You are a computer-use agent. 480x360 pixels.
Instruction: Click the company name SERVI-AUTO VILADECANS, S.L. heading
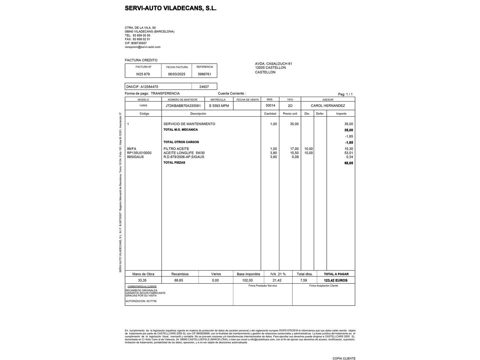click(x=171, y=8)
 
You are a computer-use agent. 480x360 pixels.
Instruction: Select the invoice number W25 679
click(x=143, y=74)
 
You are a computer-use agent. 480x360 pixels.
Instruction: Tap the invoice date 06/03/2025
click(x=177, y=74)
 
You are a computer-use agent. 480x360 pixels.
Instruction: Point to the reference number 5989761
click(x=204, y=74)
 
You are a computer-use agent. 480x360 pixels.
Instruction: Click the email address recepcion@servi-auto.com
click(x=143, y=47)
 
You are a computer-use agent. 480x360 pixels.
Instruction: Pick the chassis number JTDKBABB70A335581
click(x=183, y=106)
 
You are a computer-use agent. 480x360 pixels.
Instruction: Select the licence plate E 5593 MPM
click(x=219, y=106)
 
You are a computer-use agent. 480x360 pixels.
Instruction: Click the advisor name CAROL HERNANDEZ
click(x=328, y=106)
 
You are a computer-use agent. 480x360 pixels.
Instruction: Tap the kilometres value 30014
click(x=270, y=105)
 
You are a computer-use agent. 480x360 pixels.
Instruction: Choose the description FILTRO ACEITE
click(x=176, y=149)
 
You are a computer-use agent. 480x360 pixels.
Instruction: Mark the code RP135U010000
click(x=139, y=153)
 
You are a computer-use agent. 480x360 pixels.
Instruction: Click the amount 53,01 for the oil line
click(x=349, y=153)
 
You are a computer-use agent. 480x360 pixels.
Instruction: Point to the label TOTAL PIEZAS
click(x=174, y=163)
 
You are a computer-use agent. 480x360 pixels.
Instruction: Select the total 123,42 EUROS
click(x=335, y=280)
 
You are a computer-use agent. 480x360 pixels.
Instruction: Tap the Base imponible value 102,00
click(x=247, y=280)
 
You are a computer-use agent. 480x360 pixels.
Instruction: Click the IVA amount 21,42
click(x=277, y=280)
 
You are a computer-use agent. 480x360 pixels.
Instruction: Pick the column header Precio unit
click(x=290, y=114)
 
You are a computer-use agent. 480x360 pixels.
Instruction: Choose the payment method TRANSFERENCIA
click(x=165, y=93)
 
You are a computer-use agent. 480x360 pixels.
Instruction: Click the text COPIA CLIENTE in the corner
click(x=344, y=358)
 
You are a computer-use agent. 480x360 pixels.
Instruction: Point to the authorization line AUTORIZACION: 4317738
click(x=141, y=301)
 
